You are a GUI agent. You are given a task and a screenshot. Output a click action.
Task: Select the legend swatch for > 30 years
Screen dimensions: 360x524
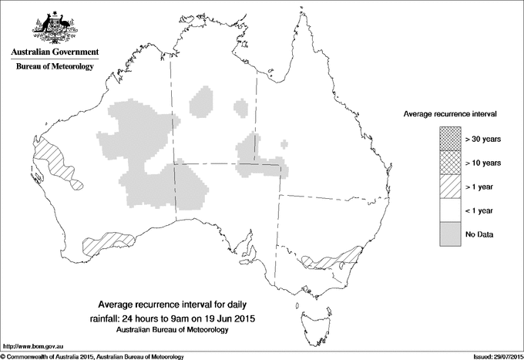click(450, 139)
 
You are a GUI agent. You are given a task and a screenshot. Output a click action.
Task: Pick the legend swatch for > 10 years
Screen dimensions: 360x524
click(450, 163)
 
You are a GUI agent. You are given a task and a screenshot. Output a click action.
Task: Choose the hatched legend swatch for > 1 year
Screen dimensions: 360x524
click(450, 186)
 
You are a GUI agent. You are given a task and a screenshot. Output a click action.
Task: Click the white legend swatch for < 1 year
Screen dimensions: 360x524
click(450, 210)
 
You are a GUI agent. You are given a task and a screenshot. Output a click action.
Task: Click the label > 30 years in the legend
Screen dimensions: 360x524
click(484, 140)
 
